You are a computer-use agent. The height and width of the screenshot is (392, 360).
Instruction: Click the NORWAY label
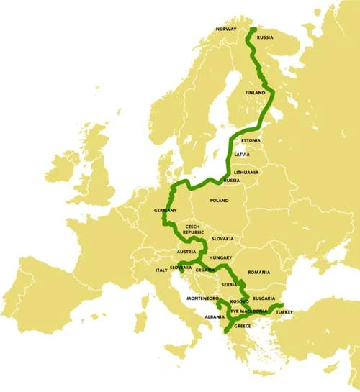pyautogui.click(x=225, y=29)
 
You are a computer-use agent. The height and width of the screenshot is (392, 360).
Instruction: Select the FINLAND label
pyautogui.click(x=255, y=93)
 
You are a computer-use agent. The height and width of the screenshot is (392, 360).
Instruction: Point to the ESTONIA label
pyautogui.click(x=251, y=140)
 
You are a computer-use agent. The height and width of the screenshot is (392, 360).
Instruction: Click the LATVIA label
pyautogui.click(x=243, y=154)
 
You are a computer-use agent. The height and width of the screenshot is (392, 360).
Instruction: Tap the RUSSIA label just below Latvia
pyautogui.click(x=232, y=181)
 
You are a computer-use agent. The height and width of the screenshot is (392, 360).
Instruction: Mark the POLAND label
pyautogui.click(x=218, y=201)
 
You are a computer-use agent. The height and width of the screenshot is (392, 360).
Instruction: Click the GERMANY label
pyautogui.click(x=166, y=210)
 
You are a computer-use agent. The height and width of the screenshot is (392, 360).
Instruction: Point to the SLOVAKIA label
pyautogui.click(x=233, y=239)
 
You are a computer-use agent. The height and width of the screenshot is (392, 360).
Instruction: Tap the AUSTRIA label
pyautogui.click(x=186, y=252)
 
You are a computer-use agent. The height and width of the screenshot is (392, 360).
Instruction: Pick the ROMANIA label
pyautogui.click(x=258, y=273)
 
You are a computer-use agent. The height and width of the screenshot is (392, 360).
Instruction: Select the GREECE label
pyautogui.click(x=243, y=326)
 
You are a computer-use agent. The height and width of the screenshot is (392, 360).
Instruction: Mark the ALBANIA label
pyautogui.click(x=215, y=316)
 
